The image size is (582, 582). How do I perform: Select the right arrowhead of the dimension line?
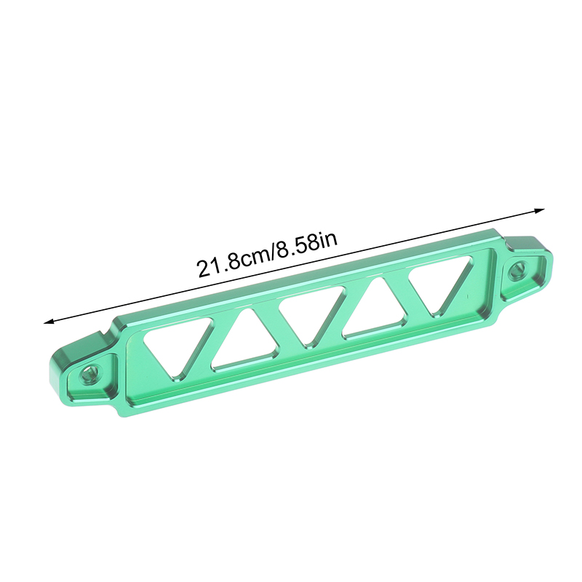point(539,211)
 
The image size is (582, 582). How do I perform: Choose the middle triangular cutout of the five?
point(312,312)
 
